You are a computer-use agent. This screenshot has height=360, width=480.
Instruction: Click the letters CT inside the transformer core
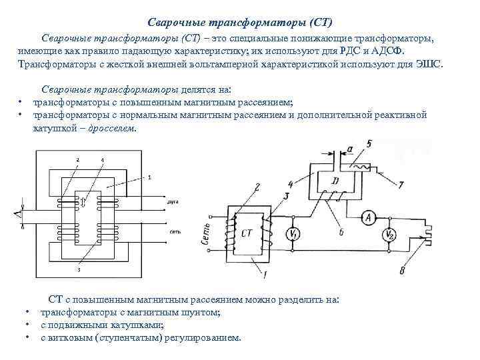coord(247,233)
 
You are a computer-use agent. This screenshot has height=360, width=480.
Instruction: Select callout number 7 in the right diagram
coord(401,184)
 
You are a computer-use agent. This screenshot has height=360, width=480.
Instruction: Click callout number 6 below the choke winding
coord(341,231)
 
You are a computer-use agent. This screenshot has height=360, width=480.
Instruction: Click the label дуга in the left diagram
coord(172,201)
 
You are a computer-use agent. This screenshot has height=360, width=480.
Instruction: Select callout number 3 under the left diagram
coord(79,270)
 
